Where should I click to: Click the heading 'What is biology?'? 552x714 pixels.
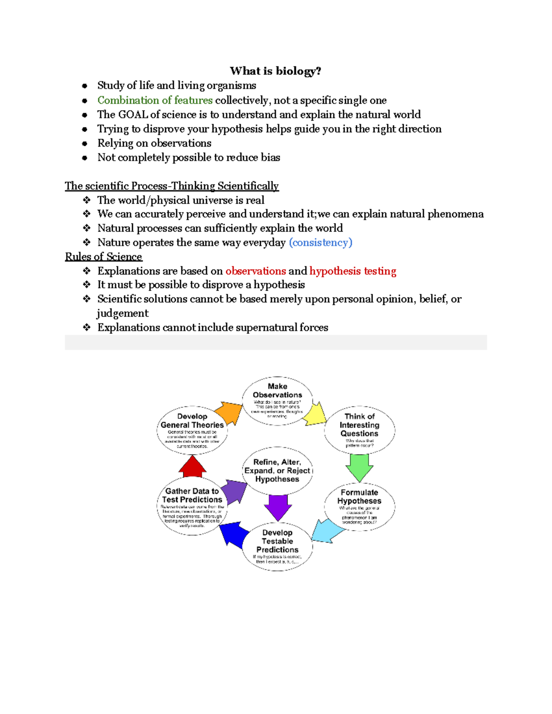tap(275, 71)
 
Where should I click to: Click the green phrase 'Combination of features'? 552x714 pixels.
tap(155, 100)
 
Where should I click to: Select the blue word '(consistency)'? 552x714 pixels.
tap(320, 242)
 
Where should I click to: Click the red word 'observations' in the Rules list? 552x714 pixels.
tap(256, 271)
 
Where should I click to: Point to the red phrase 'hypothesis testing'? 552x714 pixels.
tap(352, 271)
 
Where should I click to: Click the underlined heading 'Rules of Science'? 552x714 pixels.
tap(103, 257)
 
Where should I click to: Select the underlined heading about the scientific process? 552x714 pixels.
tap(172, 186)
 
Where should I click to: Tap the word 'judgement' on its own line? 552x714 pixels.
tap(122, 314)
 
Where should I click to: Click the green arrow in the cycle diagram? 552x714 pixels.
tap(359, 467)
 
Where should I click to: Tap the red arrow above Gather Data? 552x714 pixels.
tap(192, 467)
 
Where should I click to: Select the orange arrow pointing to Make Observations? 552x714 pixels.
tap(229, 412)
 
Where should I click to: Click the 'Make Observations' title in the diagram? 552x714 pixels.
tap(277, 390)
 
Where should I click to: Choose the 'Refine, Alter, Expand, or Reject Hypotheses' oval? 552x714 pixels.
tap(277, 470)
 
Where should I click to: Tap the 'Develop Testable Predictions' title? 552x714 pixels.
tap(277, 541)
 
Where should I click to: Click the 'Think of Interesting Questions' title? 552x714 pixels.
tap(359, 425)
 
